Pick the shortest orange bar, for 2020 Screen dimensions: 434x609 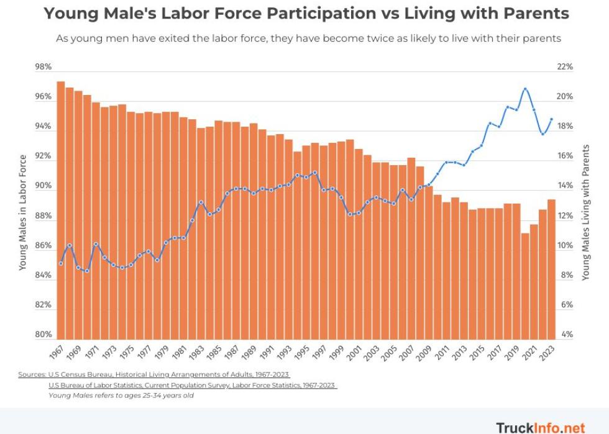click(525, 286)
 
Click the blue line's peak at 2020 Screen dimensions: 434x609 click(525, 89)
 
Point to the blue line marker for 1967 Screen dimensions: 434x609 click(61, 263)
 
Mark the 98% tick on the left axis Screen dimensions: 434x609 click(43, 67)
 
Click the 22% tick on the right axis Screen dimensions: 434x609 click(564, 67)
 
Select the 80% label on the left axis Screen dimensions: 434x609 click(43, 335)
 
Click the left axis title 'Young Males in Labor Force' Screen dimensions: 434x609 click(23, 212)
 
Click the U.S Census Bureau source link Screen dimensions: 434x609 click(154, 374)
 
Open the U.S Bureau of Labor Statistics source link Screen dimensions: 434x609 click(193, 385)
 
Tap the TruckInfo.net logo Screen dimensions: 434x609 click(540, 427)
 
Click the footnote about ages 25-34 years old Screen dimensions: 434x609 click(121, 396)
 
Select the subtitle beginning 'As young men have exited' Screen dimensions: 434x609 click(308, 38)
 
